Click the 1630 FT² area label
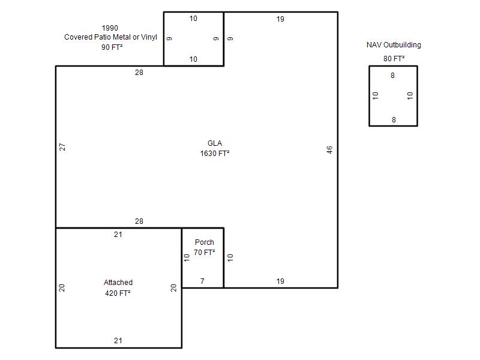coord(215,154)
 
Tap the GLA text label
coord(215,143)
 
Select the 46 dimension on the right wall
coord(329,149)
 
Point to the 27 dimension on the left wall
coord(62,147)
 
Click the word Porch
coord(205,242)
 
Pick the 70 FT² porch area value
coord(204,252)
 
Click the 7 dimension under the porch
coord(202,281)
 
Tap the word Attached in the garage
coord(118,282)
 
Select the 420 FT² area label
coord(118,293)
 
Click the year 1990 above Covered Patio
coord(110,28)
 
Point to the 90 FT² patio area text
coord(112,47)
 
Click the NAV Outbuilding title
coord(394,45)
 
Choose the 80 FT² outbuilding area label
coord(394,58)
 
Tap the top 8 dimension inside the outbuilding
coord(393,76)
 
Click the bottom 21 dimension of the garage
coord(118,340)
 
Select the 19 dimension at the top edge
coord(280,19)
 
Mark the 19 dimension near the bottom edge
coord(280,281)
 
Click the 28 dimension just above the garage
coord(139,221)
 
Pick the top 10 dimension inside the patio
coord(193,19)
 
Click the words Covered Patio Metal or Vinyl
coord(110,37)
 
